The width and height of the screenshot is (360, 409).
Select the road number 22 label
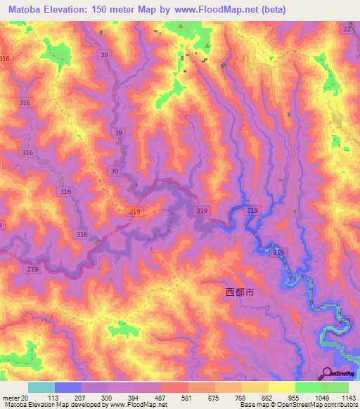pos(347,30)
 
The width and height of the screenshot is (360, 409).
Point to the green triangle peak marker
pos(181,27)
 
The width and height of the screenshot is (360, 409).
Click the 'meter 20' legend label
pos(15,398)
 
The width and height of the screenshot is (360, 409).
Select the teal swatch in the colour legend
pos(41,387)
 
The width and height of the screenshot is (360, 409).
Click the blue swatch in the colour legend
pos(68,387)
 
